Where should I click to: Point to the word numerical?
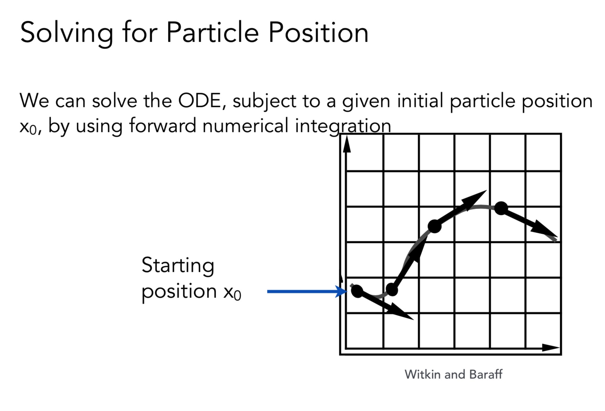245,125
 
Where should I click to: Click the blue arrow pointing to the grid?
307,291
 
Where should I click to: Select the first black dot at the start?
357,291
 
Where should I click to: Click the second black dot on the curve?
392,289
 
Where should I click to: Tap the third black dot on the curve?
434,226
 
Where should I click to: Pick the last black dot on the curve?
501,208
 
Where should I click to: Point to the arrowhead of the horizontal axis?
550,347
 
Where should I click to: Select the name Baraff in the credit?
486,374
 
